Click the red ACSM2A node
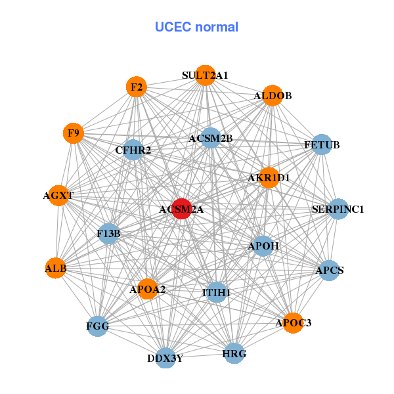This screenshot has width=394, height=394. [x=181, y=209]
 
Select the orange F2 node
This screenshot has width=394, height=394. [x=136, y=87]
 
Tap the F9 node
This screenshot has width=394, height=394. [x=74, y=133]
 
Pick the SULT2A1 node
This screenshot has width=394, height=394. [x=206, y=75]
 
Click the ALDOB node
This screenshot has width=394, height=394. [x=273, y=95]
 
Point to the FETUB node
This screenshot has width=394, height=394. [x=321, y=144]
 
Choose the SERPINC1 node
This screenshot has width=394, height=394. [x=338, y=209]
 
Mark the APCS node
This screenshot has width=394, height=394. [x=329, y=270]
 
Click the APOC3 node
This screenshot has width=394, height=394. [x=294, y=322]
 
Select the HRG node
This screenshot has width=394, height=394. [x=234, y=354]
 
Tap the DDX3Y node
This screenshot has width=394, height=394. [x=165, y=358]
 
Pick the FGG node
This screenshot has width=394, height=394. [x=98, y=325]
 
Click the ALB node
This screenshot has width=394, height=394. [x=56, y=268]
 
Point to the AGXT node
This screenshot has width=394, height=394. [x=58, y=195]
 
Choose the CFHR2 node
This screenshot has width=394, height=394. [x=133, y=150]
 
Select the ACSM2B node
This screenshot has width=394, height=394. [x=211, y=139]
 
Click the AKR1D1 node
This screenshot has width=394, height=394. [x=269, y=177]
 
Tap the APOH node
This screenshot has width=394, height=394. [x=263, y=246]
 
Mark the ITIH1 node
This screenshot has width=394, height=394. [x=217, y=292]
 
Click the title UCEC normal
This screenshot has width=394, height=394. [x=196, y=27]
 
